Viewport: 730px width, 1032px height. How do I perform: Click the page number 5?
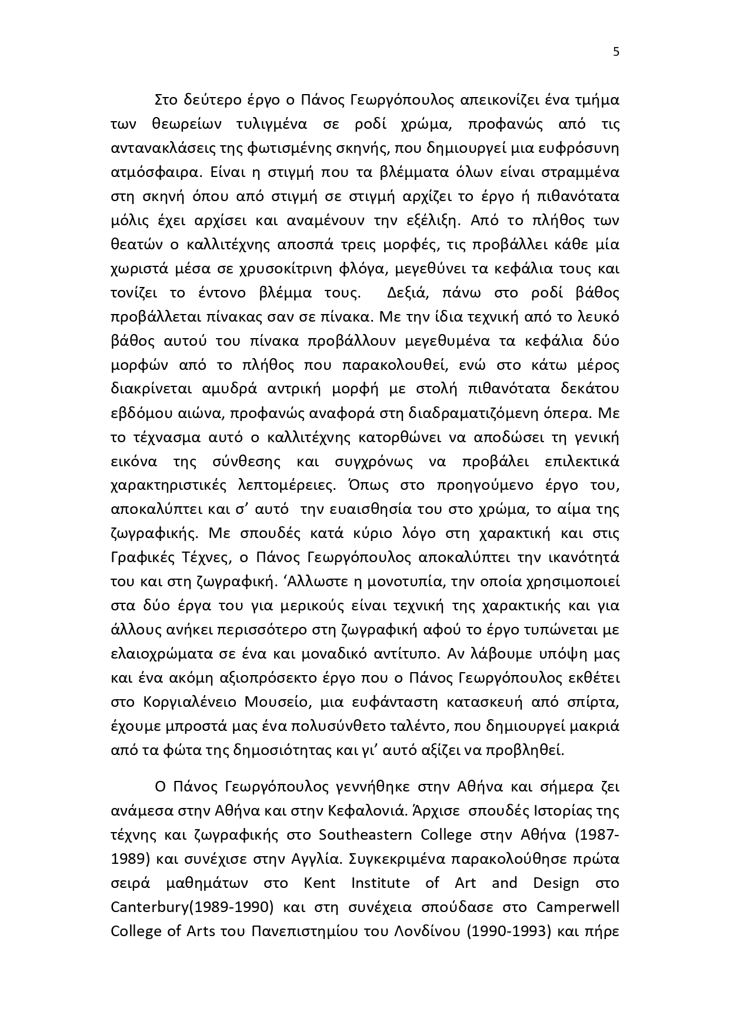pyautogui.click(x=616, y=52)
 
